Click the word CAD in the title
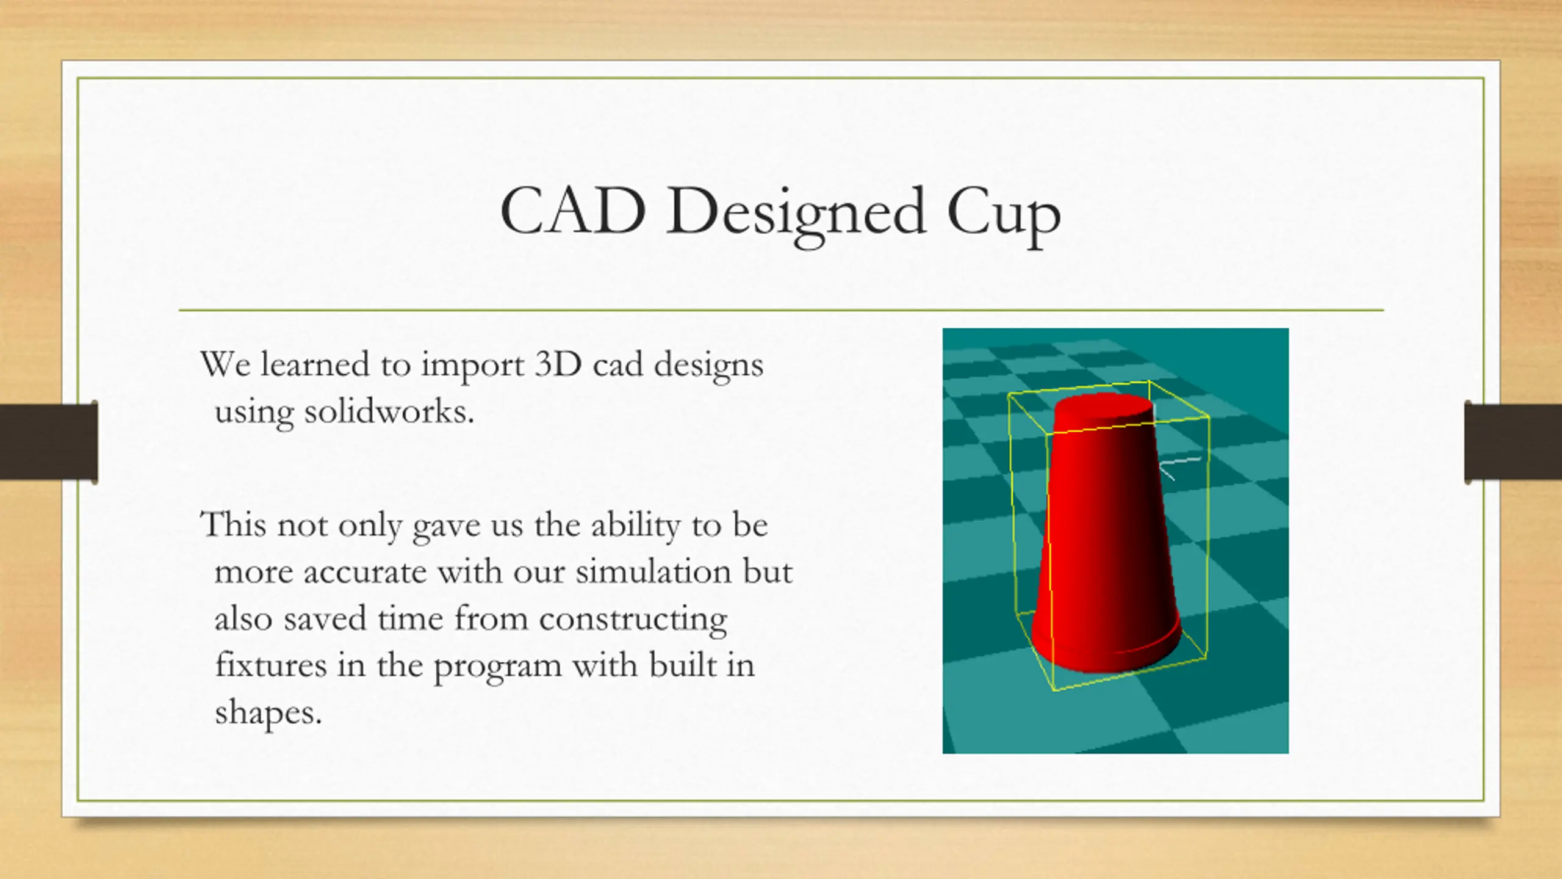573,211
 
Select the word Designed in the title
796,215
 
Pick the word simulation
653,571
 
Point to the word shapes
268,712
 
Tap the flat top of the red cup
1103,408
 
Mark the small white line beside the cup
1179,467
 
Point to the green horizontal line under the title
781,310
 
